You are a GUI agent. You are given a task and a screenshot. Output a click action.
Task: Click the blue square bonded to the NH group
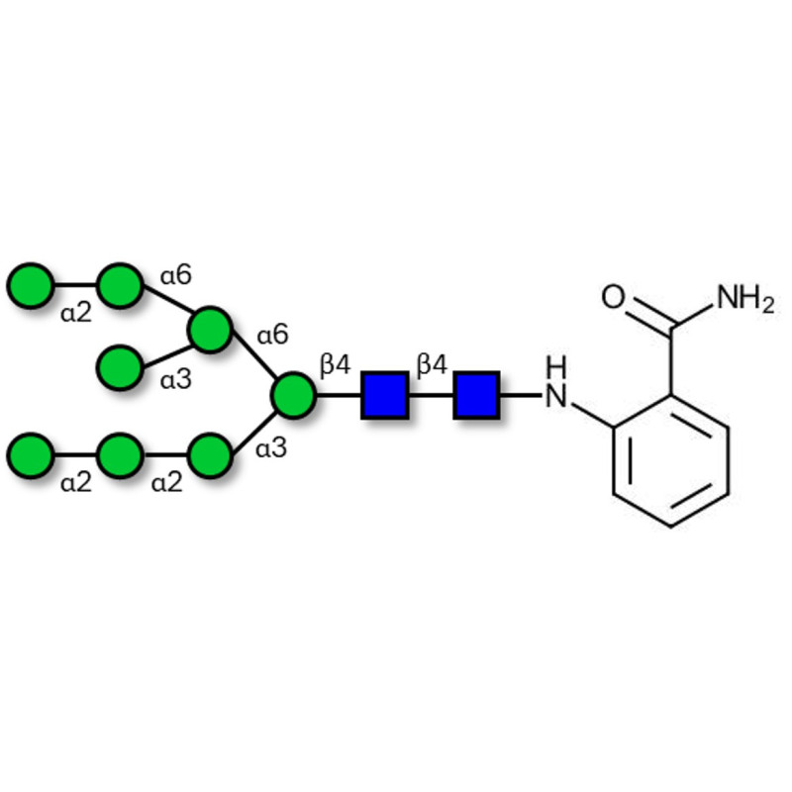tap(475, 395)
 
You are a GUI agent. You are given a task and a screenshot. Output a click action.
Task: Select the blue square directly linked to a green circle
tap(384, 395)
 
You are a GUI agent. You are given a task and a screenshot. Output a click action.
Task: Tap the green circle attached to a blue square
tap(293, 395)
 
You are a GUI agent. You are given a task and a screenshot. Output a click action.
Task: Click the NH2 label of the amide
tap(743, 297)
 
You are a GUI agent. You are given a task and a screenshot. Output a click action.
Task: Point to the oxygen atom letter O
tap(614, 297)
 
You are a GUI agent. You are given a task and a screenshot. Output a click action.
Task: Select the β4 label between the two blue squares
tap(432, 364)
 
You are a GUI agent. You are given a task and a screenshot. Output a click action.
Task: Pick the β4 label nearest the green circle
tap(335, 364)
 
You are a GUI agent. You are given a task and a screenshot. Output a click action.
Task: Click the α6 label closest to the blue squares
tap(272, 335)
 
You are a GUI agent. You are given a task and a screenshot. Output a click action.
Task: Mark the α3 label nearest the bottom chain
tap(271, 448)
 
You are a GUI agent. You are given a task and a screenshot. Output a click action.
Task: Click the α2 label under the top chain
tap(76, 314)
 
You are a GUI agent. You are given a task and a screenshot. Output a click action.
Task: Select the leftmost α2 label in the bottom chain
tap(76, 484)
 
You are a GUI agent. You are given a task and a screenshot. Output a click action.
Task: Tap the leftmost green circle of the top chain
tap(30, 285)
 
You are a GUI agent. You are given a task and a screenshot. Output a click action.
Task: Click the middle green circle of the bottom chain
tap(120, 455)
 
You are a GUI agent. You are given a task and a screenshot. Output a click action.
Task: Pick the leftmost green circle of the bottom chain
tap(30, 455)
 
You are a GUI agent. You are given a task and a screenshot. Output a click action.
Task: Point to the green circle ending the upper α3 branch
tap(120, 366)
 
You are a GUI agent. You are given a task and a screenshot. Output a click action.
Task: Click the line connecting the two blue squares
tap(430, 395)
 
